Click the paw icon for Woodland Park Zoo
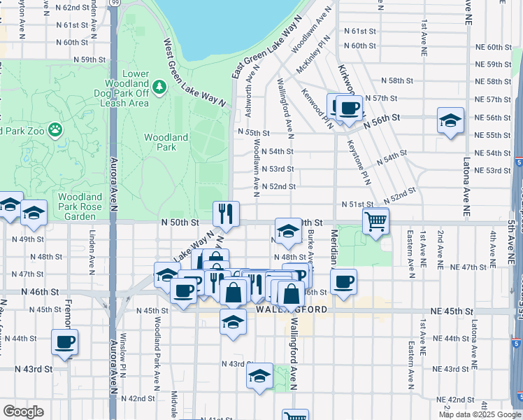[x=55, y=129]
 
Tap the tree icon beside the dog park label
[x=160, y=86]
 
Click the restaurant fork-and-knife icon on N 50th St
[x=226, y=213]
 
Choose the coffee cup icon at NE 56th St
[x=349, y=107]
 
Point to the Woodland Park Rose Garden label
[x=81, y=202]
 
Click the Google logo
[x=23, y=412]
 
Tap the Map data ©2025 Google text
[x=480, y=414]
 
